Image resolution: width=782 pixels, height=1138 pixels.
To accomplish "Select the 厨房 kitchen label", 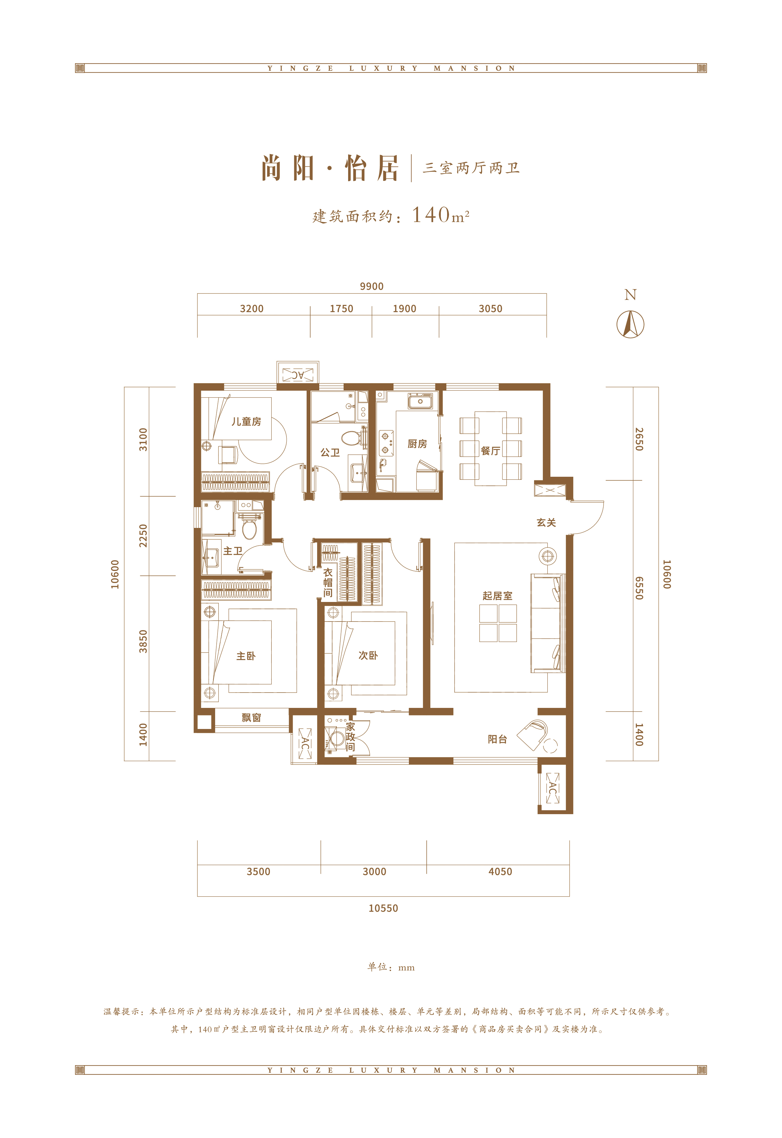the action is pos(417,444).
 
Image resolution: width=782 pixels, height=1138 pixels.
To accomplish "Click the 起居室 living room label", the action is pos(497,596).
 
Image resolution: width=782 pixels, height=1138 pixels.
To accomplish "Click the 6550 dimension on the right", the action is pos(639,588).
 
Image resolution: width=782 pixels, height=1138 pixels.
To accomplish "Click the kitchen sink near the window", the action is pos(420,402).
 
